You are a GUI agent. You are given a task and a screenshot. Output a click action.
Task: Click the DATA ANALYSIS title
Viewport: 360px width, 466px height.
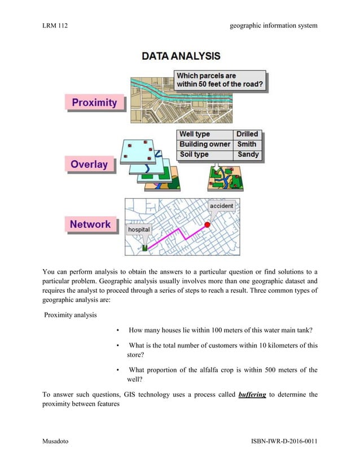click(181, 56)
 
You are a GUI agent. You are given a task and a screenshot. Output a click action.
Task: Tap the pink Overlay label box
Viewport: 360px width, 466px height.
click(89, 164)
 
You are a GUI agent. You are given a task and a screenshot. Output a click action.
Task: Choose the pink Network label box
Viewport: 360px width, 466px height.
click(90, 224)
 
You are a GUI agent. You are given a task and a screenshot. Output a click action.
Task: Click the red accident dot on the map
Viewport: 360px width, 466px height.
click(207, 225)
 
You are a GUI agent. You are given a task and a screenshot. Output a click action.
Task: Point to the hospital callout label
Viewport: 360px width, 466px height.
click(139, 230)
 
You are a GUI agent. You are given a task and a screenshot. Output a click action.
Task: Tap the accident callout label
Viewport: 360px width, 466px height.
click(221, 206)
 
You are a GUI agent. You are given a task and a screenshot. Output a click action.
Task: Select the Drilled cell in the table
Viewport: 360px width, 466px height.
click(247, 134)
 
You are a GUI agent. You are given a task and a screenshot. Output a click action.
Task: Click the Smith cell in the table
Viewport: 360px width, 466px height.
click(247, 144)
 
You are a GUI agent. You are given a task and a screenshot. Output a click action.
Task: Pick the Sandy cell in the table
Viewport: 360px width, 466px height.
click(248, 155)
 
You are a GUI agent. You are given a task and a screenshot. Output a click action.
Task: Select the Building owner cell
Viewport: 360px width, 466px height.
click(204, 144)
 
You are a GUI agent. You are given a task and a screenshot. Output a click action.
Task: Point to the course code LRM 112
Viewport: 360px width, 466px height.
click(56, 25)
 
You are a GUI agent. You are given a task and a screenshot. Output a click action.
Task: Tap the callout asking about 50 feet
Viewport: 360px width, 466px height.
click(219, 81)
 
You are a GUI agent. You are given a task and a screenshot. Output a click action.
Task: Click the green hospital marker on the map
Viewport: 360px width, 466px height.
click(145, 248)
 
